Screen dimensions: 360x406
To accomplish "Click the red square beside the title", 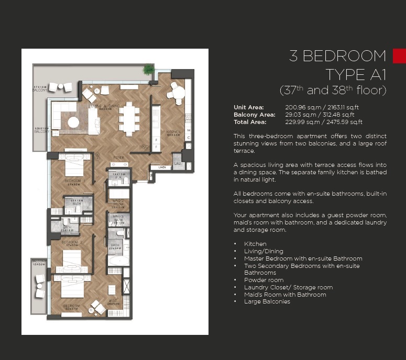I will click(399, 56).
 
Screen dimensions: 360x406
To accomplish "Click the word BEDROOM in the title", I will click(344, 56).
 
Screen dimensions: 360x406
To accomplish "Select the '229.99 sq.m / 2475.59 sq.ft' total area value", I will click(323, 122).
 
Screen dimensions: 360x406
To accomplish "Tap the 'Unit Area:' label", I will click(249, 107).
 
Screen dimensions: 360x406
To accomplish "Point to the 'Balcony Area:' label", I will click(254, 115).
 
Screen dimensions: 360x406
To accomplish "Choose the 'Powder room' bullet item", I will click(264, 280).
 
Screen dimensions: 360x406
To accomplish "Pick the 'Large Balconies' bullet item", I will click(267, 301).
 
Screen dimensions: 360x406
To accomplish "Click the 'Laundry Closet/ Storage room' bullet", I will click(288, 287).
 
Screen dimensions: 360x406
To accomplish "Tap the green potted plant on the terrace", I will click(149, 69).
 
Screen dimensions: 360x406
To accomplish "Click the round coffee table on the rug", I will click(74, 122).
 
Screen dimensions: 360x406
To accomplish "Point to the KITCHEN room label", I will click(173, 132).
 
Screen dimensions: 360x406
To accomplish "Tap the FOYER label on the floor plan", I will click(119, 157).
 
